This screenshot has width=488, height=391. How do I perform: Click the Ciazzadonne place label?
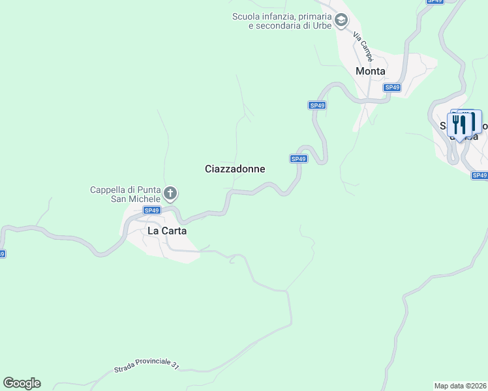[235, 169]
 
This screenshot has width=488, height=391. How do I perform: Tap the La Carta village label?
[162, 231]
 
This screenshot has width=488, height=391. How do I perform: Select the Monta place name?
[370, 71]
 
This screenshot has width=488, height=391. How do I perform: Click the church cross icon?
[170, 193]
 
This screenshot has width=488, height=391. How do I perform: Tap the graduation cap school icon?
[341, 21]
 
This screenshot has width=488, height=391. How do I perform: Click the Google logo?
[22, 383]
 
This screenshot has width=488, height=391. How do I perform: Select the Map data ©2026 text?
[461, 385]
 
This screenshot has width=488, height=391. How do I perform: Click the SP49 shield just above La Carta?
[152, 210]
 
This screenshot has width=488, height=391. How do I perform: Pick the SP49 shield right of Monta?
[391, 87]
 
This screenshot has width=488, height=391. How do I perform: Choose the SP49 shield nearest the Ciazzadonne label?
[298, 159]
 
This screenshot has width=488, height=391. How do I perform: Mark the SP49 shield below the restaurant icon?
[480, 175]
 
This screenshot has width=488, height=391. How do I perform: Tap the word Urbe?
[322, 25]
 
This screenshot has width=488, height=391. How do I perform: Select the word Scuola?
[246, 16]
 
